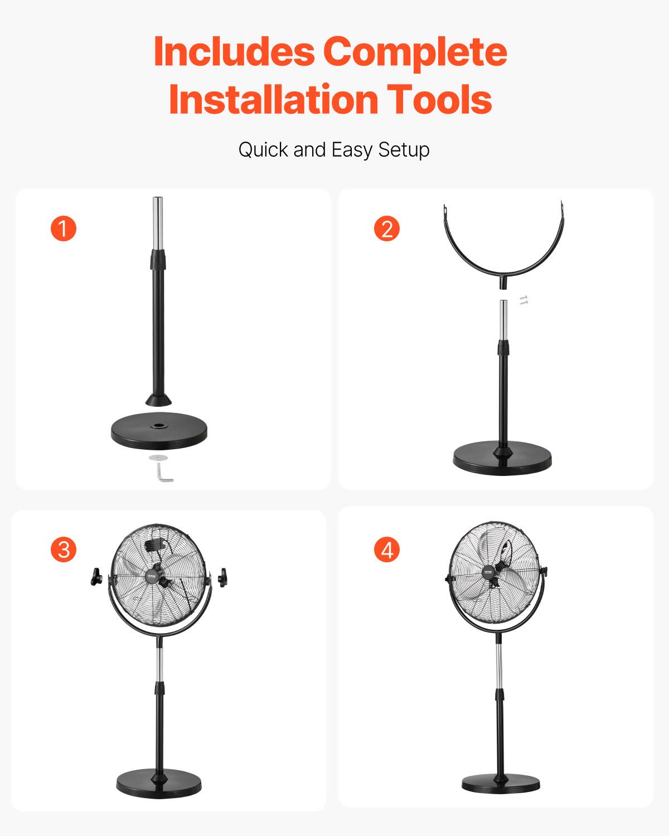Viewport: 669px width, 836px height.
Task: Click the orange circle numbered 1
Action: (x=64, y=229)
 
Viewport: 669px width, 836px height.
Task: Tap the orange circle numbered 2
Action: (x=387, y=229)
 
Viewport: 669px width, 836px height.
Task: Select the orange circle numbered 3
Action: (x=64, y=550)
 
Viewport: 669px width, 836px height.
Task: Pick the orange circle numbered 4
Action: (x=387, y=550)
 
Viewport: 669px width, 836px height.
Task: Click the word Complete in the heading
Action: (x=415, y=52)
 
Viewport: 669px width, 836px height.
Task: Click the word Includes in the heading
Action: (x=234, y=52)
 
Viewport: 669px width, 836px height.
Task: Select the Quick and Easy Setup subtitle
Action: (x=334, y=149)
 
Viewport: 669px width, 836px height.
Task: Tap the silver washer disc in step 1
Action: (x=158, y=458)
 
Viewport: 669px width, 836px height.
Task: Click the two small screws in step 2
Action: (x=523, y=301)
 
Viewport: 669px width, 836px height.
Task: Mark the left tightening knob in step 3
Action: (x=96, y=577)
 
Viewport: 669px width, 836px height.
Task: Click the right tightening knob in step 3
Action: (x=224, y=577)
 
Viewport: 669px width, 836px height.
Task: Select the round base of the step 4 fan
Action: (x=501, y=783)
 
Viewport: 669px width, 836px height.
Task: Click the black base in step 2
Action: (x=502, y=459)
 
